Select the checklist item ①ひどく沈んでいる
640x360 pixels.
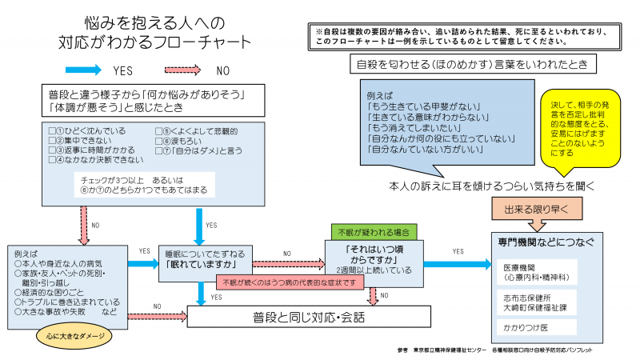[x=85, y=131]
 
